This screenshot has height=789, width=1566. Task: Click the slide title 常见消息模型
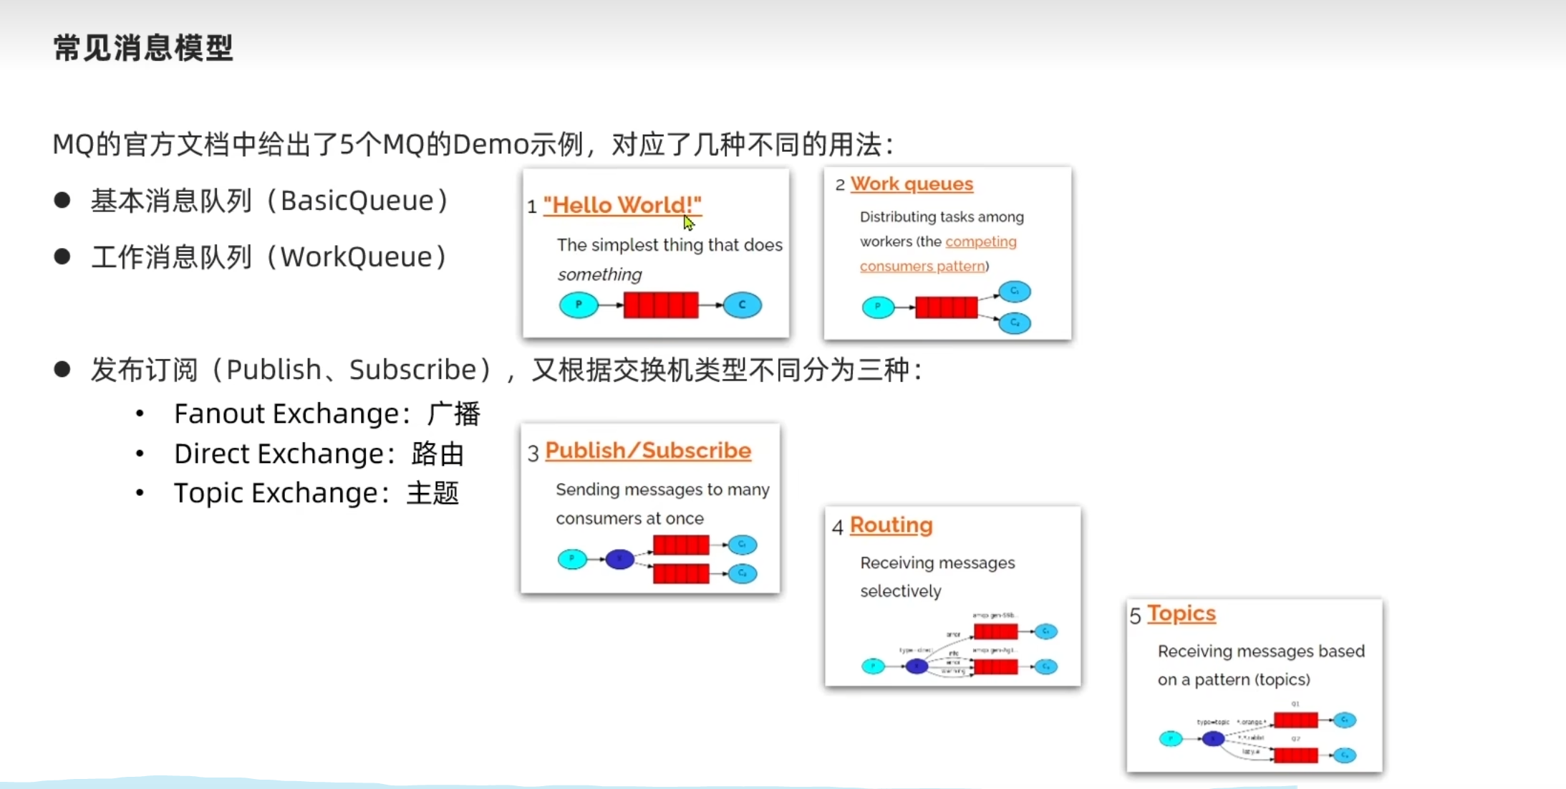[x=143, y=48]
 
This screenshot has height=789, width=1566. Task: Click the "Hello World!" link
[x=622, y=205]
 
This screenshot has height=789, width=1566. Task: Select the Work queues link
[x=912, y=184]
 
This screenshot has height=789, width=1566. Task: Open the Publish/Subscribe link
[x=648, y=451]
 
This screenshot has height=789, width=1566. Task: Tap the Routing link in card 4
[x=891, y=525]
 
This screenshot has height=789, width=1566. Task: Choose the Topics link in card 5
[x=1181, y=613]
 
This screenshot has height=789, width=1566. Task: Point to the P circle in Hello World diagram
[x=579, y=305]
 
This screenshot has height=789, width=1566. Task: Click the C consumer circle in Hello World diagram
[x=742, y=305]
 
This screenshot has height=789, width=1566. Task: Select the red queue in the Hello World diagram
[x=660, y=305]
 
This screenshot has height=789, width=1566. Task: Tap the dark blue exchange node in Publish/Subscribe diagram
[x=619, y=559]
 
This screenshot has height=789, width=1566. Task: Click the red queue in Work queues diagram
[x=946, y=307]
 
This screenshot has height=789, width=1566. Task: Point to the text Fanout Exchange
[x=286, y=413]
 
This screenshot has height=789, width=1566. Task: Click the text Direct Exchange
[x=279, y=454]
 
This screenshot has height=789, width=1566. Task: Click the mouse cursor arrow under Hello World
[x=689, y=224]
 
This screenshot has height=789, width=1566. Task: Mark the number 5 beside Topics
[x=1135, y=616]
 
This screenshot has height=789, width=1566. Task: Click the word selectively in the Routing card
[x=901, y=591]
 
